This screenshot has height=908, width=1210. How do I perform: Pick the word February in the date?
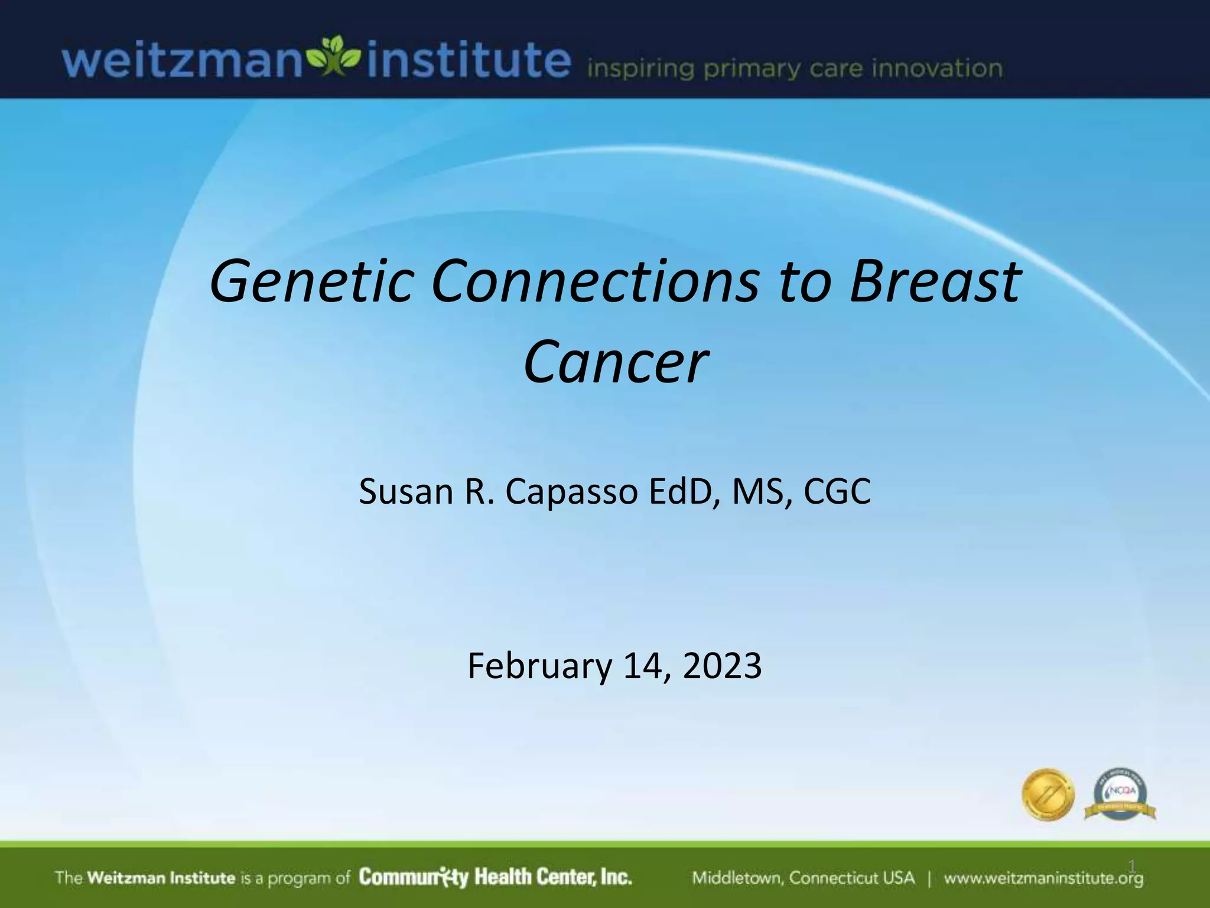pyautogui.click(x=539, y=666)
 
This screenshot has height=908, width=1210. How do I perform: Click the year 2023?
pyautogui.click(x=722, y=666)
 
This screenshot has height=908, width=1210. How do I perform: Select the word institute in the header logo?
pyautogui.click(x=468, y=61)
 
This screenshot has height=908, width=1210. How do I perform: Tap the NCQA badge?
pyautogui.click(x=1120, y=794)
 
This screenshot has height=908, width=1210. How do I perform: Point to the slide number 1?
pyautogui.click(x=1131, y=867)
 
